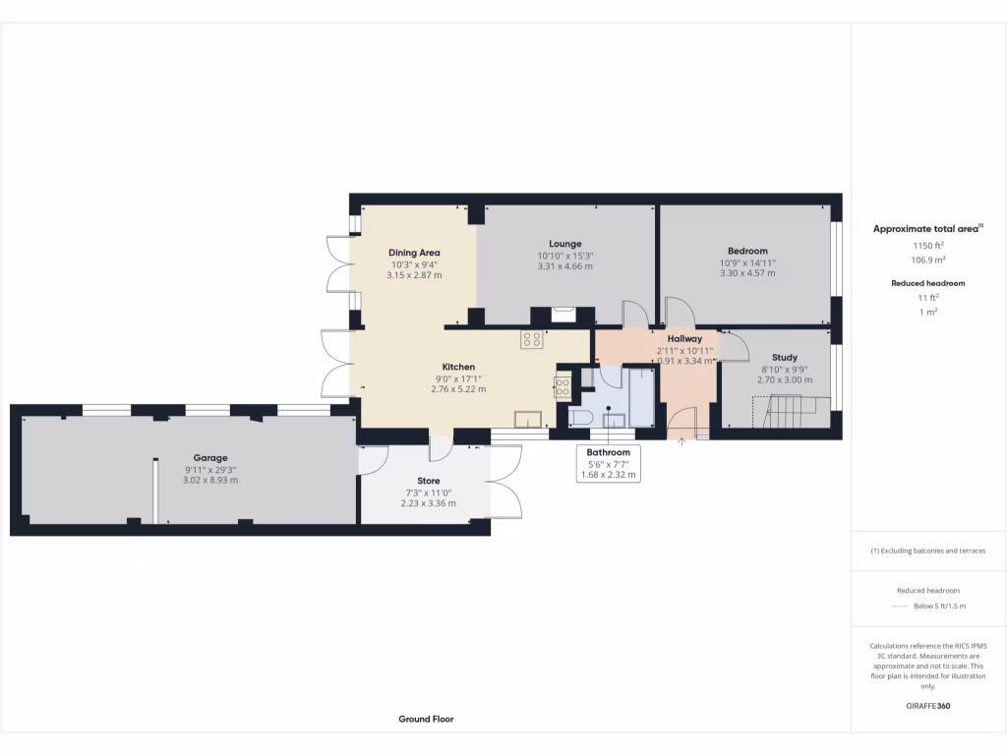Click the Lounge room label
coord(565,244)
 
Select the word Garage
coord(210,458)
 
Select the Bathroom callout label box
coord(609,463)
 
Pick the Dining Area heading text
coord(415,253)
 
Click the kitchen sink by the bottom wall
coord(533,418)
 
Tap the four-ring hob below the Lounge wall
coord(532,339)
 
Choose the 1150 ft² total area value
coord(928,245)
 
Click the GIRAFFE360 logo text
coord(927,706)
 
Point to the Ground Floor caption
coord(426,719)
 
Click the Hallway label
coord(684,338)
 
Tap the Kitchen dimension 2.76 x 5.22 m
coord(458,389)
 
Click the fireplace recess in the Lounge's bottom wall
coord(563,316)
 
